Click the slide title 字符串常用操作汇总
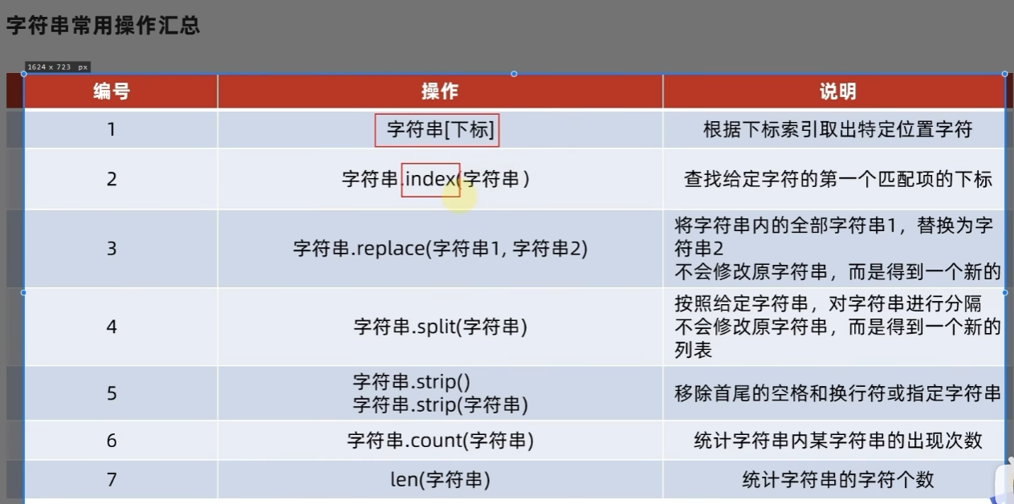tap(103, 25)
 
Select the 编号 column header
tap(112, 91)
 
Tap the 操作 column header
tap(440, 91)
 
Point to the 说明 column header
tap(838, 91)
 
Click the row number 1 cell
tap(112, 130)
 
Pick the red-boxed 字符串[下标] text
tap(440, 130)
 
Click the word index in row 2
tap(430, 179)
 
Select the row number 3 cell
tap(112, 248)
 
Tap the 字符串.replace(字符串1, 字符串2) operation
tap(440, 248)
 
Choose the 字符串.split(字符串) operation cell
tap(440, 327)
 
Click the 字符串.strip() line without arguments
tap(412, 382)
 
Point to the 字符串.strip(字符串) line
tap(440, 404)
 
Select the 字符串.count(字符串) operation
tap(440, 441)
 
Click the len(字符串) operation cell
tap(440, 480)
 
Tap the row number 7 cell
tap(112, 480)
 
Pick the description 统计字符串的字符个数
tap(838, 480)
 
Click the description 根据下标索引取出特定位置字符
tap(838, 130)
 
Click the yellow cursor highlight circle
tap(459, 197)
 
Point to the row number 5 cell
tap(112, 393)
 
